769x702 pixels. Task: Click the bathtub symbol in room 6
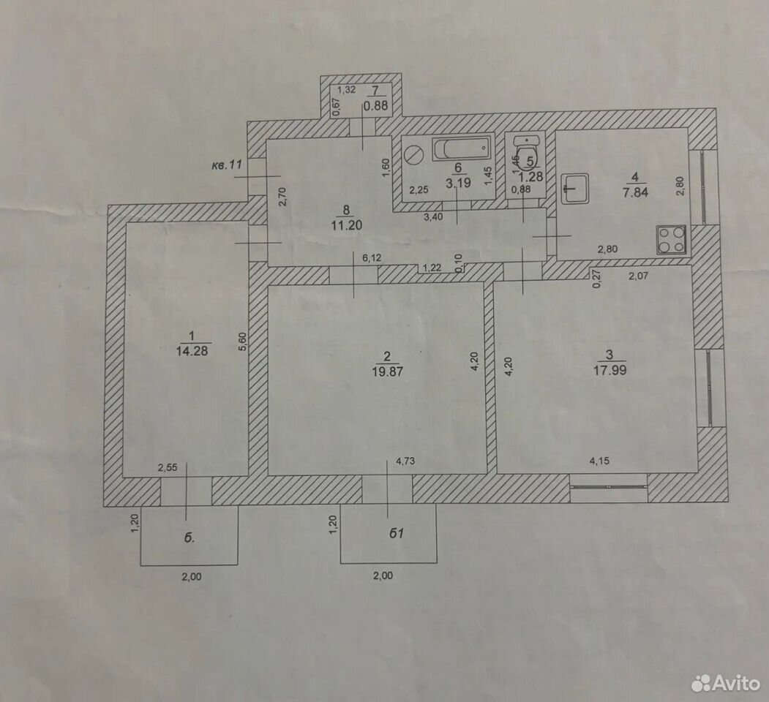coord(462,149)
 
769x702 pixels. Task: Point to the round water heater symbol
coord(414,156)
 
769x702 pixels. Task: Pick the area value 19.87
coord(388,371)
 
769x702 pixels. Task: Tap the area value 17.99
coord(609,369)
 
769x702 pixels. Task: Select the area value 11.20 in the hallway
coord(346,225)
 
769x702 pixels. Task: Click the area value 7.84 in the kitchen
coord(636,192)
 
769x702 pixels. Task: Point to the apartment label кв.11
coord(227,165)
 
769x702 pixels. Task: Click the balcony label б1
coord(397,533)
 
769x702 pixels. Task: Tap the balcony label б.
coord(190,537)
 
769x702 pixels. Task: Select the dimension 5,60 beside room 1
coord(242,341)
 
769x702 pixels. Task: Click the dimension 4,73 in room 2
coord(405,461)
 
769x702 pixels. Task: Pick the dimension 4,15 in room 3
coord(599,461)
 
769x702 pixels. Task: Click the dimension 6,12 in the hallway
coord(371,257)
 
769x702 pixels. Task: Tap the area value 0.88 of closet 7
coord(375,105)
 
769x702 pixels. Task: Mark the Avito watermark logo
coord(726,682)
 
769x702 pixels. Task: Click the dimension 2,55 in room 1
coord(168,468)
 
